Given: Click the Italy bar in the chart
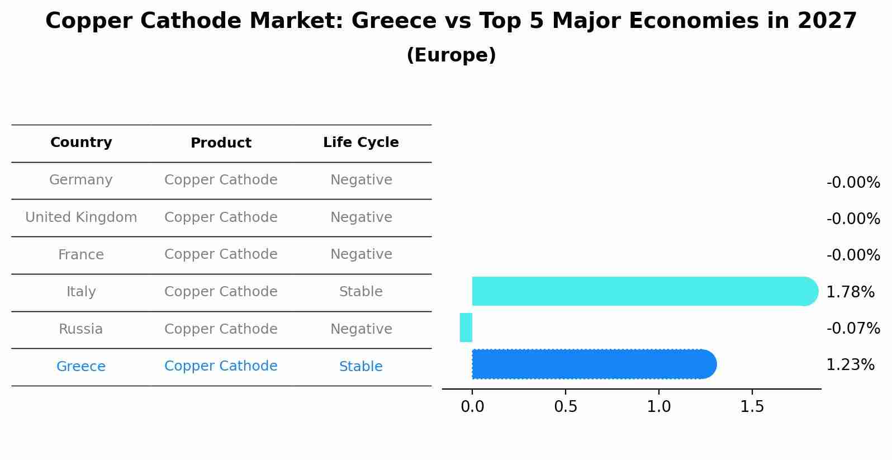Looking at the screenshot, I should [643, 291].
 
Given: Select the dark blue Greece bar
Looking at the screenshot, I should [592, 364].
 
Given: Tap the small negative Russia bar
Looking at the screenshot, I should [466, 328].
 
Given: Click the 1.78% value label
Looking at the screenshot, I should [850, 292].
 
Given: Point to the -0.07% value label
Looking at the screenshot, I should [853, 328].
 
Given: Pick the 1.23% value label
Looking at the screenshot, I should [850, 365].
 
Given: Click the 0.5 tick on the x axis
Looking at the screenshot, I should [566, 407].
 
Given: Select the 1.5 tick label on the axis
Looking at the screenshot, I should [752, 407].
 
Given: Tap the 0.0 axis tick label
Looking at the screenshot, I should [472, 407].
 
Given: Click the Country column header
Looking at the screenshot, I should [81, 143].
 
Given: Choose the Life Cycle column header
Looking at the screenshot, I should [361, 143].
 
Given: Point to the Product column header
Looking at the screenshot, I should [221, 143].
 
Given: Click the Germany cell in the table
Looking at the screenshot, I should [81, 180].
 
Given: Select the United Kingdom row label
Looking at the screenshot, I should [81, 217].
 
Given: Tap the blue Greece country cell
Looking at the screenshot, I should [81, 367].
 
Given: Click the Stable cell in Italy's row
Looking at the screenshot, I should [361, 292].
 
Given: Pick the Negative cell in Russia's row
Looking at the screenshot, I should [361, 329].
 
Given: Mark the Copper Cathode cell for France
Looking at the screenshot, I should [221, 254].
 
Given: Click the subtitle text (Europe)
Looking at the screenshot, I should [451, 55].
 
